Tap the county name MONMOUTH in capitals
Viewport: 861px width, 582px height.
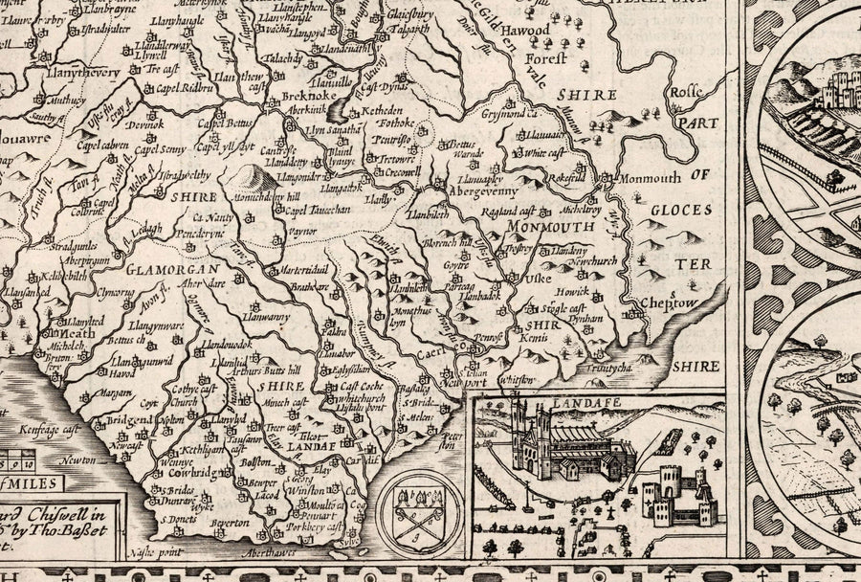point(549,227)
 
